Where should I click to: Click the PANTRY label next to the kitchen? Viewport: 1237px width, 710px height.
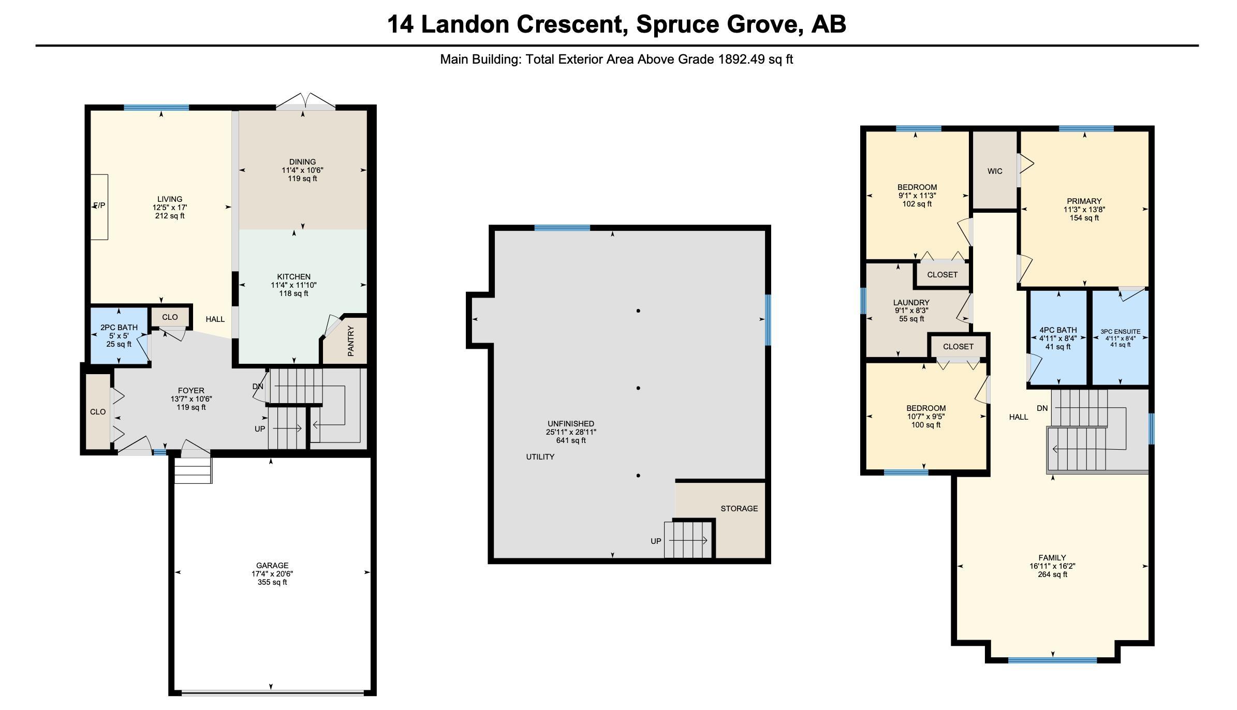[x=350, y=341]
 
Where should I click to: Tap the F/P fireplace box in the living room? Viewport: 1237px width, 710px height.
[x=99, y=206]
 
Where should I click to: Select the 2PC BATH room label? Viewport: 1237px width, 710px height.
[x=119, y=328]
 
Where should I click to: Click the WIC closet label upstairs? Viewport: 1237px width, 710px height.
[x=995, y=171]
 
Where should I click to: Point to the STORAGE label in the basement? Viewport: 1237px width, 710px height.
[x=739, y=509]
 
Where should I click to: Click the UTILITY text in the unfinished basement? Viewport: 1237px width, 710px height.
[x=540, y=457]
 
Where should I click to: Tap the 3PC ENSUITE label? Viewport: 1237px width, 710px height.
[x=1121, y=332]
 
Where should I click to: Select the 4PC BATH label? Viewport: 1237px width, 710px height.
[x=1058, y=330]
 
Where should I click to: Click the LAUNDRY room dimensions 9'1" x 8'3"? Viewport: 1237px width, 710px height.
[x=911, y=311]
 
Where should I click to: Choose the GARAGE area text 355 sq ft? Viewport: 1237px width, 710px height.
[x=272, y=582]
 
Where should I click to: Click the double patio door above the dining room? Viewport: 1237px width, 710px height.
[x=305, y=102]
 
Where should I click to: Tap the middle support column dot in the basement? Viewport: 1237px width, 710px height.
[x=638, y=388]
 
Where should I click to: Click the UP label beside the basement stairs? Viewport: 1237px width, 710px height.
[x=656, y=541]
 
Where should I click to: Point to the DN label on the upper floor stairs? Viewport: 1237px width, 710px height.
[x=1042, y=408]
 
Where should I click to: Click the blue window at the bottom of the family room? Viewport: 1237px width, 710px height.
[x=1052, y=660]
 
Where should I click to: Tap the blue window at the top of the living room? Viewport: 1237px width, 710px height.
[x=156, y=108]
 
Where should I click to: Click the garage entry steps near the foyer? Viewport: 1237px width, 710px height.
[x=193, y=470]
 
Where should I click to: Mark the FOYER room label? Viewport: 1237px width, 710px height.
[x=191, y=391]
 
